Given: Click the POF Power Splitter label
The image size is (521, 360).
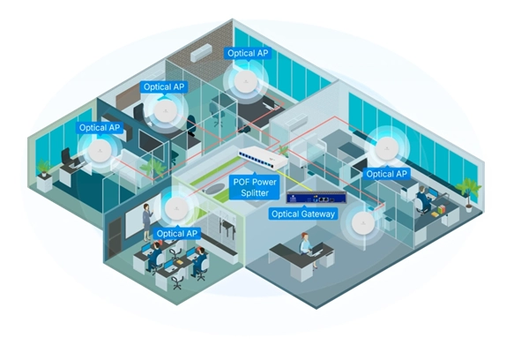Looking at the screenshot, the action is pyautogui.click(x=255, y=187).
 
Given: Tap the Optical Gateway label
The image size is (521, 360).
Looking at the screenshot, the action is pyautogui.click(x=303, y=214).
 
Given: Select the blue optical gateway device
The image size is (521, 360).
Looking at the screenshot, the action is pyautogui.click(x=316, y=199).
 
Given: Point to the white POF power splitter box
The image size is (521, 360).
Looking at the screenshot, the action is pyautogui.click(x=263, y=157).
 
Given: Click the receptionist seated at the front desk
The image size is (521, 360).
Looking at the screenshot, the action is pyautogui.click(x=308, y=246).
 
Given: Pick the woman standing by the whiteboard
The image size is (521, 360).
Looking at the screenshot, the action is pyautogui.click(x=146, y=221).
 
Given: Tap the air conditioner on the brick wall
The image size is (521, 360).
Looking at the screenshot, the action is pyautogui.click(x=201, y=53).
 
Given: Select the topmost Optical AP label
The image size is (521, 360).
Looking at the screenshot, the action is pyautogui.click(x=248, y=53).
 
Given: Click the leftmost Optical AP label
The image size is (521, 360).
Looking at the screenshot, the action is pyautogui.click(x=100, y=127).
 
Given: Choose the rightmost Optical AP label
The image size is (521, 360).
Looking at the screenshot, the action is pyautogui.click(x=386, y=174).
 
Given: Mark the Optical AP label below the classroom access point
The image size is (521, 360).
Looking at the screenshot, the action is pyautogui.click(x=177, y=234).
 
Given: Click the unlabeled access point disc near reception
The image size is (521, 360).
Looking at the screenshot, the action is pyautogui.click(x=363, y=223).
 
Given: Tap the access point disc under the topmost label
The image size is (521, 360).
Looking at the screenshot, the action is pyautogui.click(x=246, y=82).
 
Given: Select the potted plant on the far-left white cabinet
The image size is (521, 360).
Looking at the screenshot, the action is pyautogui.click(x=43, y=167).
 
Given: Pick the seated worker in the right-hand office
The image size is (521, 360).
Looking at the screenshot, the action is pyautogui.click(x=423, y=199).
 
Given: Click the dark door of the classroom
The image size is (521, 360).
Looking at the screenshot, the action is pyautogui.click(x=115, y=238).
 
